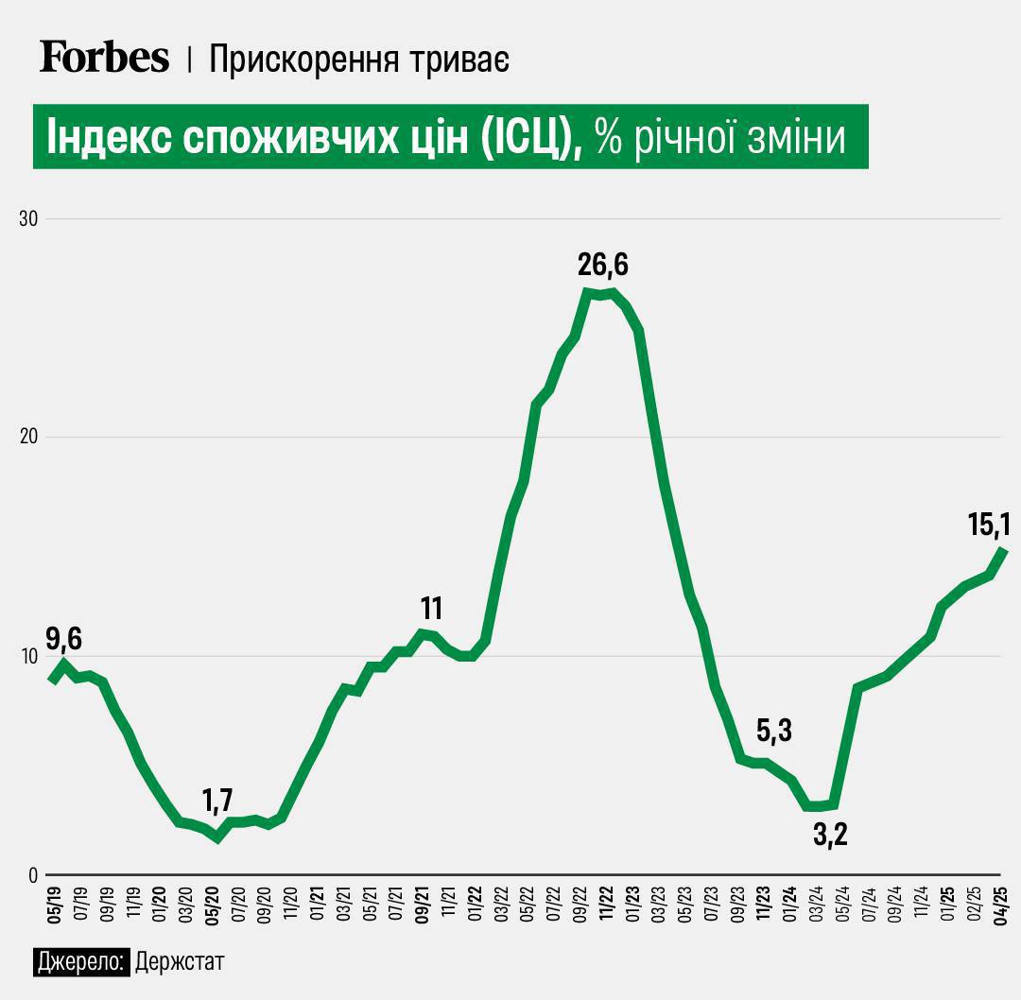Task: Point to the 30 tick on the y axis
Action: [28, 218]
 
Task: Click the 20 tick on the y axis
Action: [28, 437]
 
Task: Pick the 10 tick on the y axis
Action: [28, 656]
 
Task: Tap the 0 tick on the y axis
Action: [32, 874]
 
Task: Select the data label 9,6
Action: [63, 639]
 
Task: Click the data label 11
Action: [432, 607]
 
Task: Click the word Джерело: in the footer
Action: [81, 963]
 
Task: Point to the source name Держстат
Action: [180, 963]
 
